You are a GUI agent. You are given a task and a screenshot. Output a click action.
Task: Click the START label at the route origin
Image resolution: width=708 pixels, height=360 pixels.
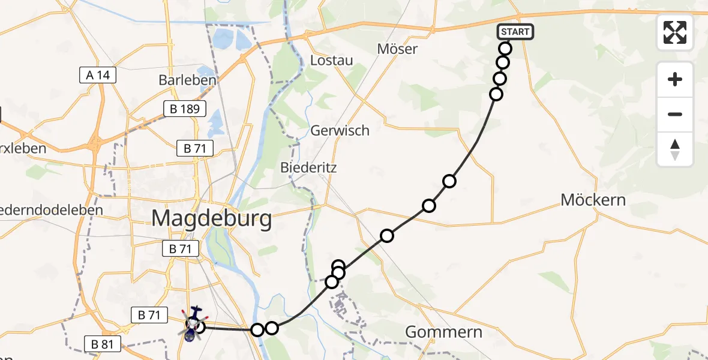point(515,32)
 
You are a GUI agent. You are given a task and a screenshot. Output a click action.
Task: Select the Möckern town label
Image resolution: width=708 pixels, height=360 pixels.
point(593,200)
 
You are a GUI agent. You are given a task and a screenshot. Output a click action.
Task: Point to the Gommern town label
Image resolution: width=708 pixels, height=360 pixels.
point(444,332)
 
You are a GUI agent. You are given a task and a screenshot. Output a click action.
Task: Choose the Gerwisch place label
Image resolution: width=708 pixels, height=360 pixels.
point(340,130)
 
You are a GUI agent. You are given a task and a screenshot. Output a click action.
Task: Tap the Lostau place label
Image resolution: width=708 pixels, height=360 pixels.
point(331,61)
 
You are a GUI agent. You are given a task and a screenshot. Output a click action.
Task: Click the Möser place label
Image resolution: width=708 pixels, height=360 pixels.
point(397,49)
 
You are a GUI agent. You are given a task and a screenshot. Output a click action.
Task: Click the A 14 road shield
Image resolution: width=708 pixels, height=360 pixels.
point(98,75)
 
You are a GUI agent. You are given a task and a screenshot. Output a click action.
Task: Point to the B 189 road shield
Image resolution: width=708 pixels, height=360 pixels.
point(185,109)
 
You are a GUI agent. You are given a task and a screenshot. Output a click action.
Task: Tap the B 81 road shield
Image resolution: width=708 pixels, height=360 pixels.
point(103,344)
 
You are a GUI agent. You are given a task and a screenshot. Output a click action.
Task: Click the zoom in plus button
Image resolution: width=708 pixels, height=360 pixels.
point(675,79)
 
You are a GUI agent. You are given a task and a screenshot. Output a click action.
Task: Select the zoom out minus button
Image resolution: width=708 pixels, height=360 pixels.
point(675,114)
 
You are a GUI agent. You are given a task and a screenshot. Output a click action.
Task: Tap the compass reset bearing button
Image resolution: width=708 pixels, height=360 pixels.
point(675,149)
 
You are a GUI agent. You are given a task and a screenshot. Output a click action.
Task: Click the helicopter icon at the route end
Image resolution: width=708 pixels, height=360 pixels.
point(193,324)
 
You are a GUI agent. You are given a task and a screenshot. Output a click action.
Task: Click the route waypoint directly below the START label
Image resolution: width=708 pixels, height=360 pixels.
point(505,49)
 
